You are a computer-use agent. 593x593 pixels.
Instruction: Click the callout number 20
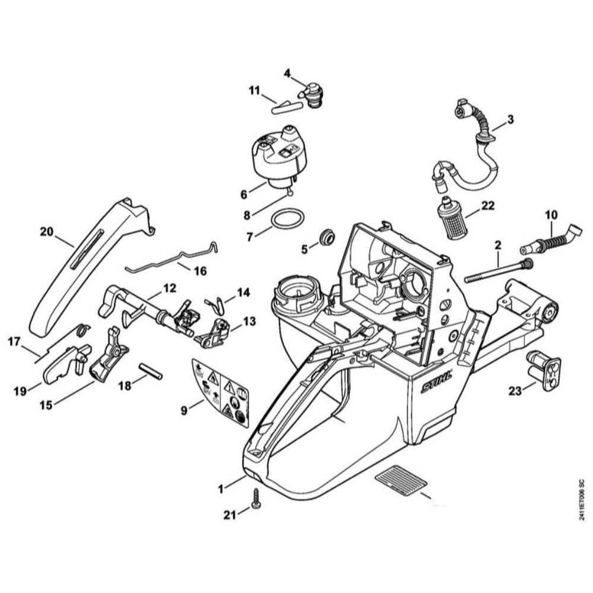[x=47, y=232]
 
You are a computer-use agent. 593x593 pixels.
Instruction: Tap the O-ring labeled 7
[x=288, y=219]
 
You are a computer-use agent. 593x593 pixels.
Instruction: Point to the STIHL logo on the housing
[x=436, y=381]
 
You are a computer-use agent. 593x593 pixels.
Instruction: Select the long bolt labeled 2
[x=495, y=270]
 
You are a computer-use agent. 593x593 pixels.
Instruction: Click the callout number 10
[x=551, y=213]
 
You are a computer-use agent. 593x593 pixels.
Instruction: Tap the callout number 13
[x=249, y=321]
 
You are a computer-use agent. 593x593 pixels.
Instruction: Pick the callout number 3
[x=511, y=119]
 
